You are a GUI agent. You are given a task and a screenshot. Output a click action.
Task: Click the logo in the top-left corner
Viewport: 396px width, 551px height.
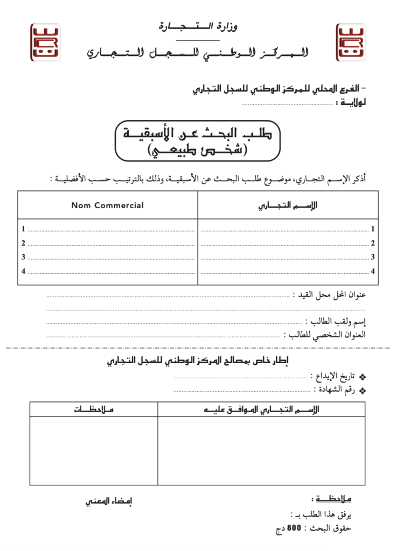click(x=45, y=42)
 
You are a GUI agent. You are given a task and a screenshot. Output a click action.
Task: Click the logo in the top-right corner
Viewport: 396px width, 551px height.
click(x=350, y=42)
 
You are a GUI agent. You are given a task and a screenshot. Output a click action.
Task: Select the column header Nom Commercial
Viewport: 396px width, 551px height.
click(x=108, y=205)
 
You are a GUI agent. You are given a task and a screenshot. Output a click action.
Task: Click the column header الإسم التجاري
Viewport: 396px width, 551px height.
click(x=288, y=205)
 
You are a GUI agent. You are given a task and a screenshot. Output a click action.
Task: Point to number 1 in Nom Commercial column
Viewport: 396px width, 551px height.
click(x=23, y=229)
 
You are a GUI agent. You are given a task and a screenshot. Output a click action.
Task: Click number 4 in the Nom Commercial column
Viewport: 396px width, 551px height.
click(x=23, y=271)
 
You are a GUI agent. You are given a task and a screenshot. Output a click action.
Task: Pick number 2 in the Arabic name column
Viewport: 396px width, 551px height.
click(x=372, y=243)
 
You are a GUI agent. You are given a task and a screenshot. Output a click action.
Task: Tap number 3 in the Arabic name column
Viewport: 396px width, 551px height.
click(x=372, y=257)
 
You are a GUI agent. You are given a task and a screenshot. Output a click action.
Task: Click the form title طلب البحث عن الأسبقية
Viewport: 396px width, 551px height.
click(x=198, y=133)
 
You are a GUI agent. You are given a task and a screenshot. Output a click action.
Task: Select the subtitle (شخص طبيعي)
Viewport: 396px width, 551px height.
click(x=198, y=151)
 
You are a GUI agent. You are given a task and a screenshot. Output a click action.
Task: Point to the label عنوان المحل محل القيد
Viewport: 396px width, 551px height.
click(x=329, y=295)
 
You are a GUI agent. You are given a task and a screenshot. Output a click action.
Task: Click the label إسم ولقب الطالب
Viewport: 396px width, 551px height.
click(x=335, y=322)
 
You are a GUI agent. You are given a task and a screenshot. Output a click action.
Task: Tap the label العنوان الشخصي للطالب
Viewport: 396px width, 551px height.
click(x=325, y=334)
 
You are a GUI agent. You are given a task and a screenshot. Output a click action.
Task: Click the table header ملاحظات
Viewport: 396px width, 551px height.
click(x=94, y=410)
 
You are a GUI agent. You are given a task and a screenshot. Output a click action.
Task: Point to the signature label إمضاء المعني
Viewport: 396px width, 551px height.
click(x=109, y=501)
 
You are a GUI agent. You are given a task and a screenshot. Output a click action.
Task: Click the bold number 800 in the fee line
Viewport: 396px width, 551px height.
click(x=294, y=528)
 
